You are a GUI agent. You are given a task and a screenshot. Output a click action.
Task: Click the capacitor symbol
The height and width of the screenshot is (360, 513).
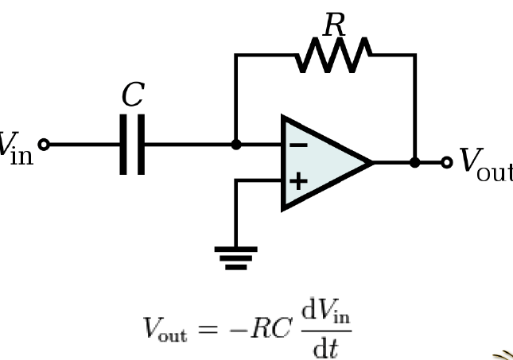tap(132, 145)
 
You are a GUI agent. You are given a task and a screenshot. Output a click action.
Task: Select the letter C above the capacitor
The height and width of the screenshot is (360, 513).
tap(132, 95)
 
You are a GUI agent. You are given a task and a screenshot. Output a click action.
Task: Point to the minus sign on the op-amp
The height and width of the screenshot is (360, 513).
tap(297, 145)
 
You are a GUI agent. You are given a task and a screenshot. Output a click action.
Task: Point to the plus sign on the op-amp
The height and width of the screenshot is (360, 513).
tap(297, 181)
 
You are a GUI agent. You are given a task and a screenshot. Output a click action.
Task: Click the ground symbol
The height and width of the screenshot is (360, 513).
tap(236, 256)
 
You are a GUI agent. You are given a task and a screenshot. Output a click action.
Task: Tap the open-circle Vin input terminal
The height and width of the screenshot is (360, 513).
tap(44, 145)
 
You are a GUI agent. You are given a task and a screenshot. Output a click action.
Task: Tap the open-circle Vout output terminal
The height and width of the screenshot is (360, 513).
tap(447, 163)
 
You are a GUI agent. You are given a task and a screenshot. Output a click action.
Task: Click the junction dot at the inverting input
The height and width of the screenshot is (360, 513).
tap(236, 145)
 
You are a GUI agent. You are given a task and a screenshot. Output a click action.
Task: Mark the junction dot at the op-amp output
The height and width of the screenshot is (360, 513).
tap(414, 163)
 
